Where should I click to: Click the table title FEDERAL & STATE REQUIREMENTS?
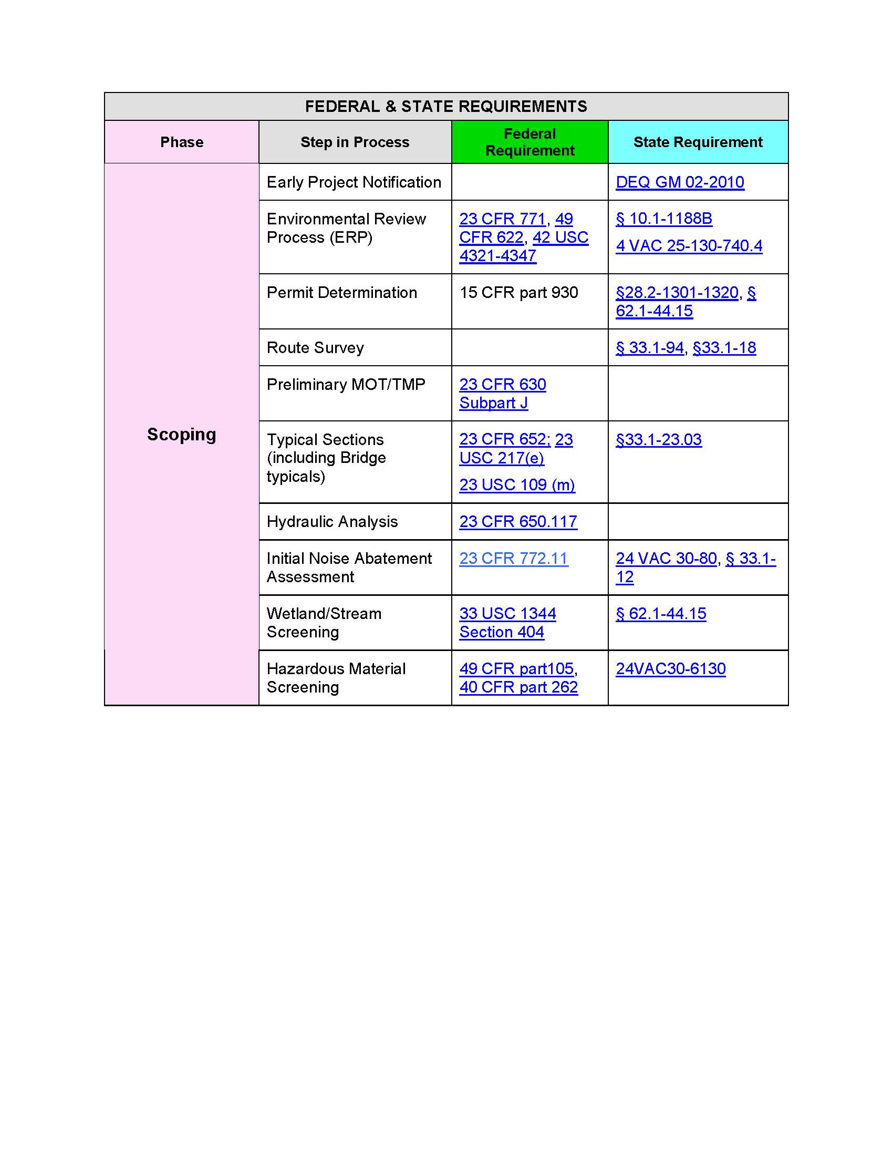point(445,106)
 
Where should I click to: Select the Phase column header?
point(181,142)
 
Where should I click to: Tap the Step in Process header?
point(355,142)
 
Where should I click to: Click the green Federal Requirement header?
point(529,142)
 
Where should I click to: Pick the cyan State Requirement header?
point(697,142)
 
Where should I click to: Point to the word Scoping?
point(181,434)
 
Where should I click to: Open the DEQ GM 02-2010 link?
point(679,182)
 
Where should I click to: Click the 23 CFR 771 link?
point(502,219)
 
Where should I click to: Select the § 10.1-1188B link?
point(663,219)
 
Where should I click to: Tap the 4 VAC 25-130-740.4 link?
point(688,245)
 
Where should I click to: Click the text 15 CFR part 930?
point(518,292)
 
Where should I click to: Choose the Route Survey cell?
point(315,348)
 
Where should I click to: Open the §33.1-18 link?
point(724,348)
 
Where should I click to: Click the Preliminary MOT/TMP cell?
point(346,384)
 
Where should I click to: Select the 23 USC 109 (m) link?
point(516,485)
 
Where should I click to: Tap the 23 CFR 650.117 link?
point(517,521)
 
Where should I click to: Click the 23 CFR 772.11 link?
point(513,559)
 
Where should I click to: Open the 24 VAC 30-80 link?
point(666,559)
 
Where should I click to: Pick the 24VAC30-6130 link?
point(670,668)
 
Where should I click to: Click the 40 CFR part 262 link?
point(518,687)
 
